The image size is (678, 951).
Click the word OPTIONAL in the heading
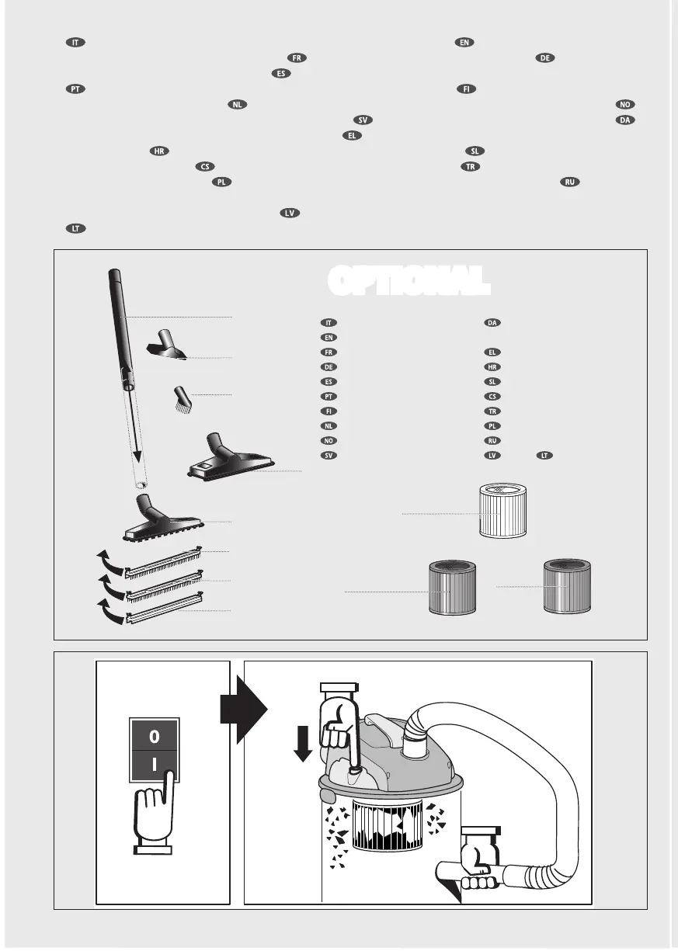point(409,281)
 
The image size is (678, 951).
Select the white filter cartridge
point(505,511)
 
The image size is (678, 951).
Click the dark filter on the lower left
point(450,589)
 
